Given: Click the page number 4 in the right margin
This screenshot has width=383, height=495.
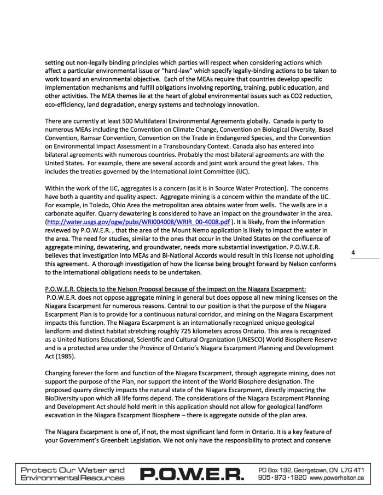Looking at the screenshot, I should pos(353,253).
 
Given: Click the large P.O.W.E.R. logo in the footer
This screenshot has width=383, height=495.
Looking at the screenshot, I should pos(191,473).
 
